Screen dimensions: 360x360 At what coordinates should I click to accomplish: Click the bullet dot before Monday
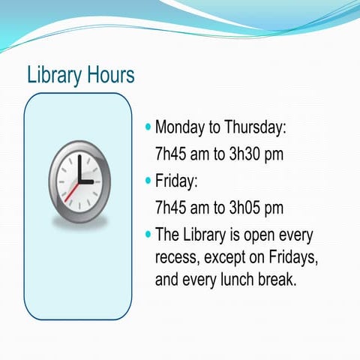point(148,126)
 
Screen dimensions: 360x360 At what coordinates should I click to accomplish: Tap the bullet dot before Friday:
point(148,180)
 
